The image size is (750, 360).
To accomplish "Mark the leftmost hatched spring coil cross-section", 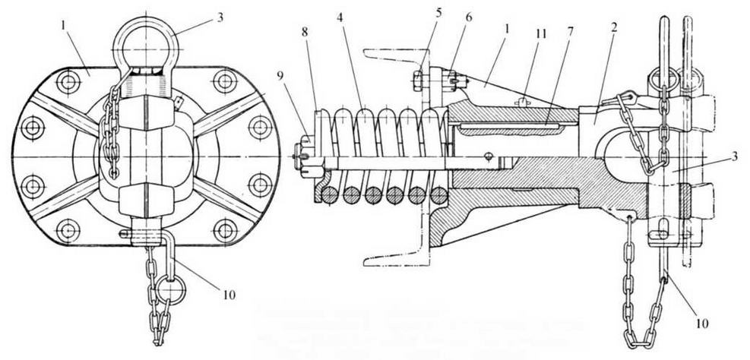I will (x=329, y=195).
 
